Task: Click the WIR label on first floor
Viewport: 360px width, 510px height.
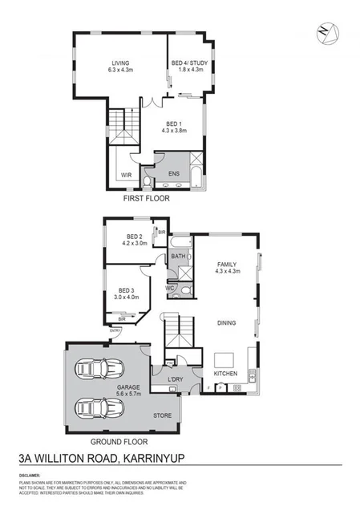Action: (127, 174)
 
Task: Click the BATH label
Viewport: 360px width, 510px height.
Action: (179, 257)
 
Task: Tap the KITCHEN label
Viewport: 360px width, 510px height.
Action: (224, 374)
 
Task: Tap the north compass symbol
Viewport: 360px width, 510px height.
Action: (325, 32)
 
